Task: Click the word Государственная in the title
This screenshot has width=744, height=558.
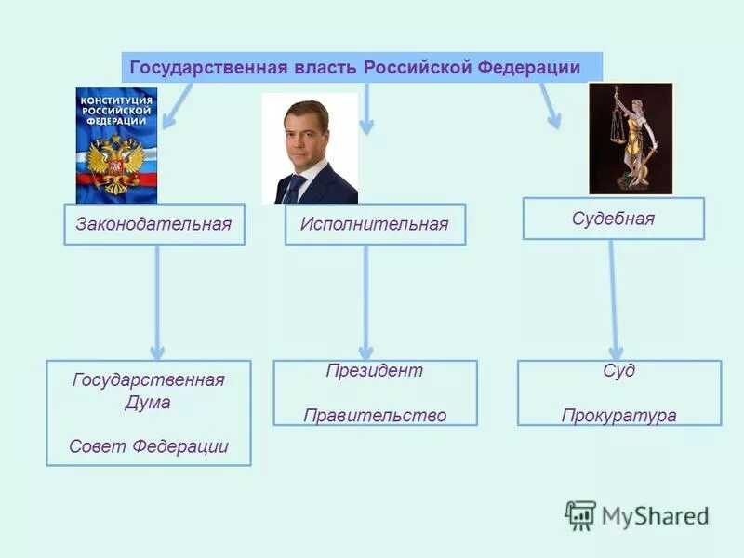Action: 185,68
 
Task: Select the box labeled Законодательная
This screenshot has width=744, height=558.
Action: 154,224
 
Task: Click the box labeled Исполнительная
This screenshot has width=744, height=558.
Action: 375,224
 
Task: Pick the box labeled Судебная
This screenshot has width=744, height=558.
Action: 613,219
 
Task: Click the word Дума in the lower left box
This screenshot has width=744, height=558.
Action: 148,403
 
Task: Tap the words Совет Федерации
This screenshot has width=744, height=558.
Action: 148,445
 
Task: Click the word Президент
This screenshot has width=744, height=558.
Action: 374,370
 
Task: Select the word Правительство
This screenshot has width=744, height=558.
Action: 375,415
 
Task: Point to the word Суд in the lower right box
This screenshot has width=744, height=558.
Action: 618,370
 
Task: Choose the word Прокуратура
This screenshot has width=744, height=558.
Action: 618,415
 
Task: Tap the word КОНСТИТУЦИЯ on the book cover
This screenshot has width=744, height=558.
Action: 116,100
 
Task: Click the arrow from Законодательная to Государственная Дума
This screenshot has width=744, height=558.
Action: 157,302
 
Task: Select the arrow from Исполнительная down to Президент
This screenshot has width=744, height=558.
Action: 365,302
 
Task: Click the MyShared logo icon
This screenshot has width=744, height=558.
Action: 580,515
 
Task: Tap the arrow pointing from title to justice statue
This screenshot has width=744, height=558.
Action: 551,105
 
